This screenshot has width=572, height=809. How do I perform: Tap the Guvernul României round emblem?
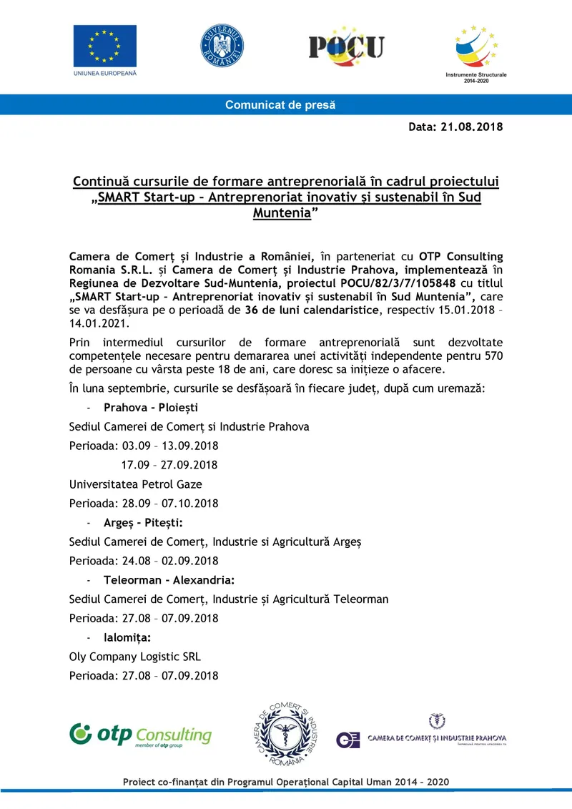click(x=222, y=46)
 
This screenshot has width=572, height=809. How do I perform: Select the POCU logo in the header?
click(x=346, y=45)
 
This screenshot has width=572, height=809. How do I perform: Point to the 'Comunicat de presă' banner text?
click(x=280, y=105)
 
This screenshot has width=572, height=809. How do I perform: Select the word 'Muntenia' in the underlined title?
click(x=282, y=213)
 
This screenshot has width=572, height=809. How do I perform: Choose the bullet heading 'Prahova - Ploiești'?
click(x=151, y=408)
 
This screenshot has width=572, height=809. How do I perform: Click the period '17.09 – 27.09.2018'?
click(x=169, y=465)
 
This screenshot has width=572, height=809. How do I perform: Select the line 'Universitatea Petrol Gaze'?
click(x=136, y=484)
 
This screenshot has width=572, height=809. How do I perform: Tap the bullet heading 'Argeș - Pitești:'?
click(x=143, y=522)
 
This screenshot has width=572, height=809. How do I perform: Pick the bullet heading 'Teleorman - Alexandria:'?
click(x=169, y=579)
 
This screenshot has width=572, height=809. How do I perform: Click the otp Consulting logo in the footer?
click(x=141, y=735)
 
